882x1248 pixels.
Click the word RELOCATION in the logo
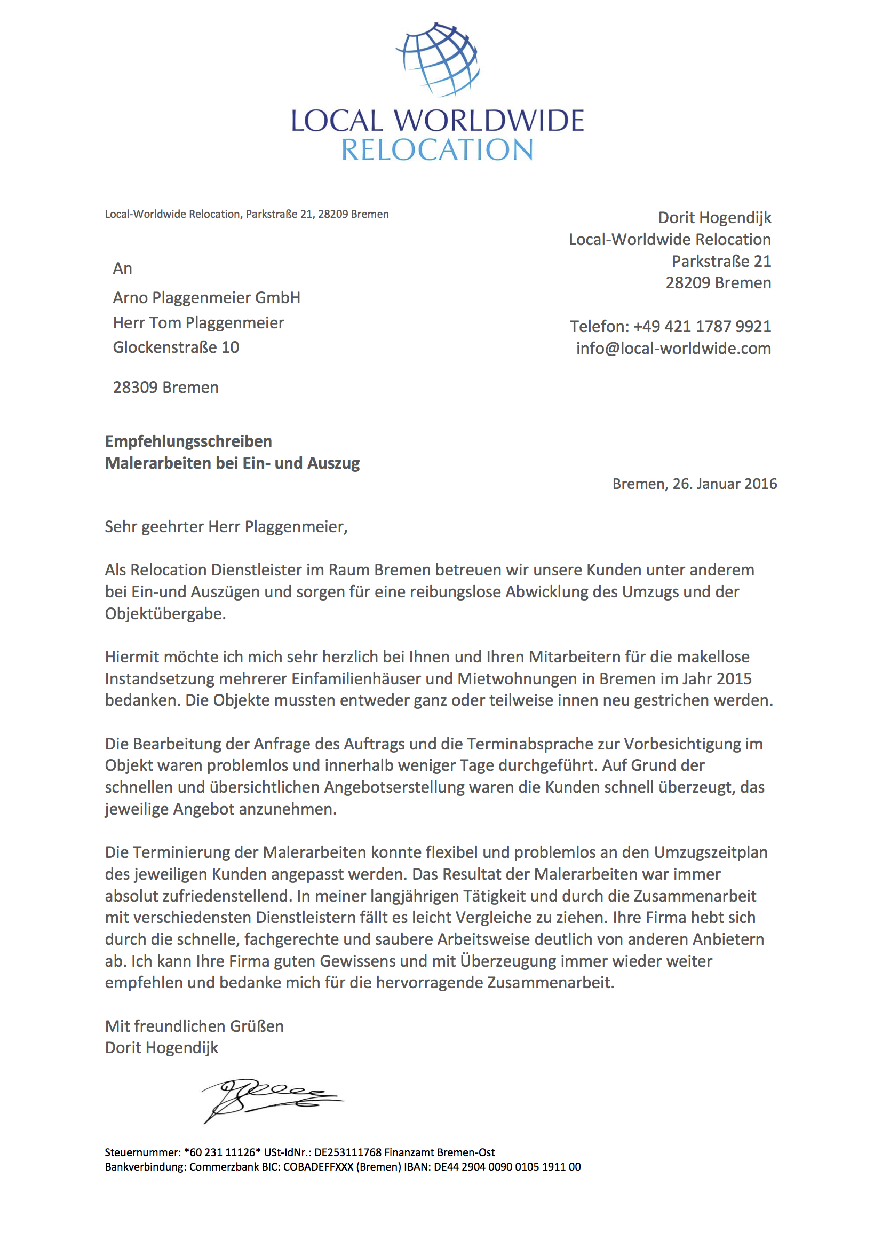437,151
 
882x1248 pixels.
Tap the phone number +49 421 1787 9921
702,326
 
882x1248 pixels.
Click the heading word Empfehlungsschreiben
188,441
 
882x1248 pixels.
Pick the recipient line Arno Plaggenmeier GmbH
206,298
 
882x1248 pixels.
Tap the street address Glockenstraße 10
176,347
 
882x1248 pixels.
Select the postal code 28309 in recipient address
136,388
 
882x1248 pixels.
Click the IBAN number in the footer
507,1166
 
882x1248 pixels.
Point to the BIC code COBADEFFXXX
318,1166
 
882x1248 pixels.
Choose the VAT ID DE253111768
348,1152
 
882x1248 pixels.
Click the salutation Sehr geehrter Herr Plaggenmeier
226,527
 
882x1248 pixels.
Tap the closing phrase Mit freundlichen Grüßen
194,1026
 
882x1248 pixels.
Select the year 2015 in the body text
734,679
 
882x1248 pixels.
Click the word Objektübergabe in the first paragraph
165,614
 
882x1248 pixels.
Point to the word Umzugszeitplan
710,852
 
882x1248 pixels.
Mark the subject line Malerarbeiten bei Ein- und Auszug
232,463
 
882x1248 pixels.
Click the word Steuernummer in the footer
142,1152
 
